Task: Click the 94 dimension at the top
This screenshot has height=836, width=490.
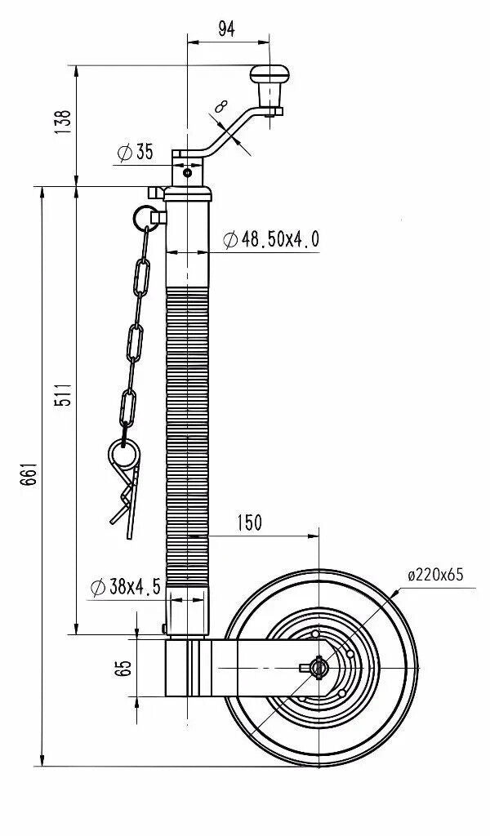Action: pos(226,29)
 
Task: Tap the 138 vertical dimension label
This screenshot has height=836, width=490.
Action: pos(63,122)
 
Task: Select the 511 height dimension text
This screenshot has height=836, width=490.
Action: pos(64,394)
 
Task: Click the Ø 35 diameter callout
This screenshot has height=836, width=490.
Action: pos(135,152)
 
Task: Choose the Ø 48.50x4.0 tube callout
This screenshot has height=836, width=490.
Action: pos(271,239)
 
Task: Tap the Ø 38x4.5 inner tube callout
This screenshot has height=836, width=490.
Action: pos(125,586)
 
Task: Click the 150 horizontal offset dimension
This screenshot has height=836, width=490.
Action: pos(250,523)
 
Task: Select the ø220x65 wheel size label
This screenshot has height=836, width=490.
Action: pos(435,575)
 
